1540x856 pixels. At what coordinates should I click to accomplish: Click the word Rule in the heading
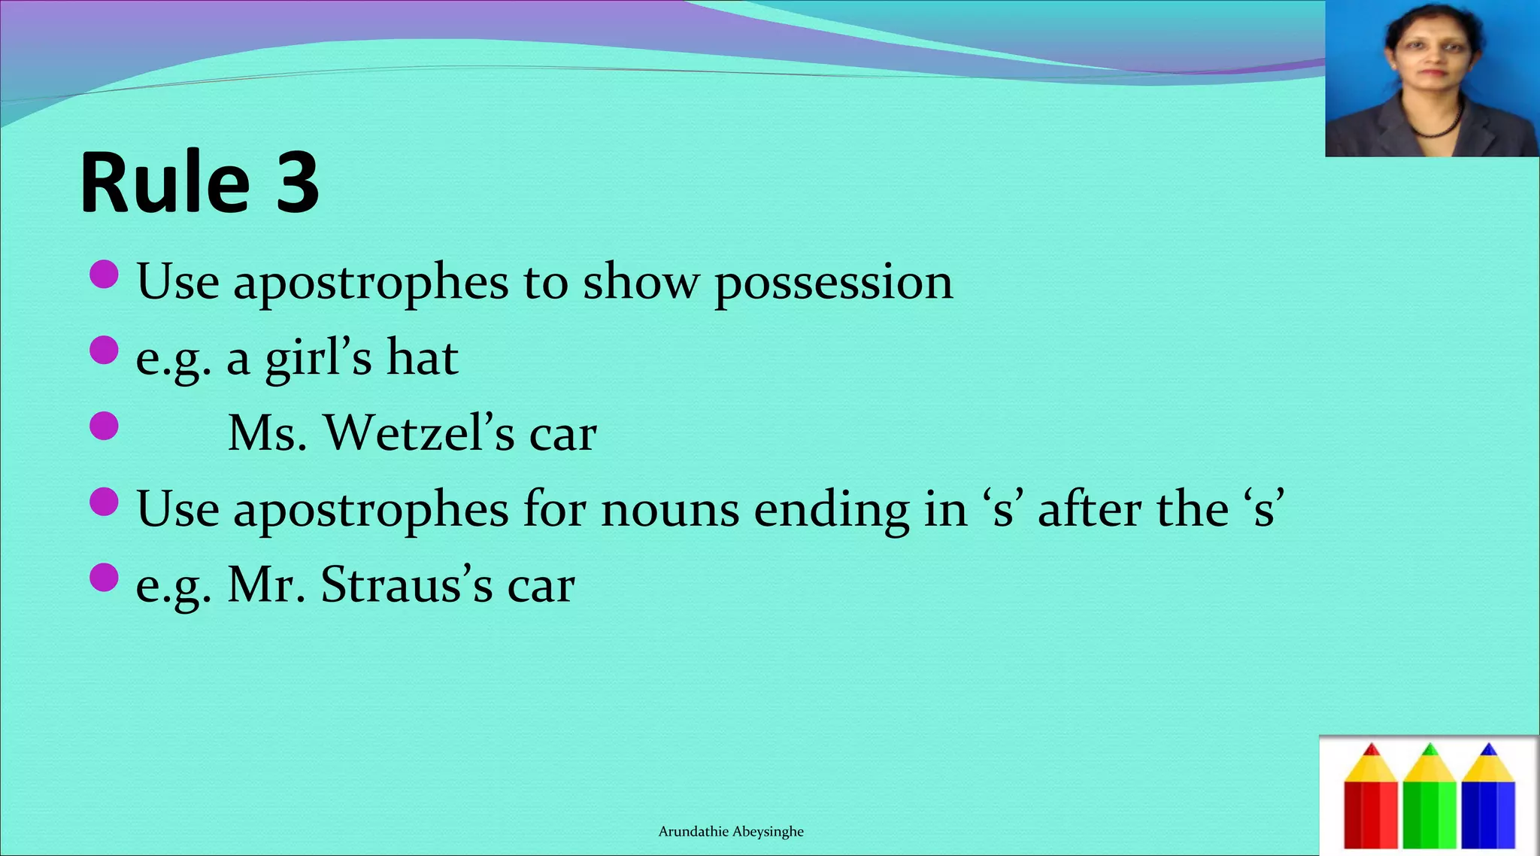[x=165, y=183]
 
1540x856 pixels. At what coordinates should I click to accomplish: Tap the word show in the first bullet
[x=641, y=283]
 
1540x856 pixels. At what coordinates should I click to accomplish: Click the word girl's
[x=318, y=360]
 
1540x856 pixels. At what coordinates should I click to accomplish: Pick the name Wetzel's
[x=419, y=433]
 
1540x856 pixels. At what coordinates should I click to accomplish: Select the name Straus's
[x=406, y=584]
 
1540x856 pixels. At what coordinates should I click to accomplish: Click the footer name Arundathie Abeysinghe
[x=731, y=831]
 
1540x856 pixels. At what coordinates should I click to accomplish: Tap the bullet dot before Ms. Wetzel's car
[x=104, y=426]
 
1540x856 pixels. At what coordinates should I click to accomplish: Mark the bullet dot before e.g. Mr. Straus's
[x=104, y=578]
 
